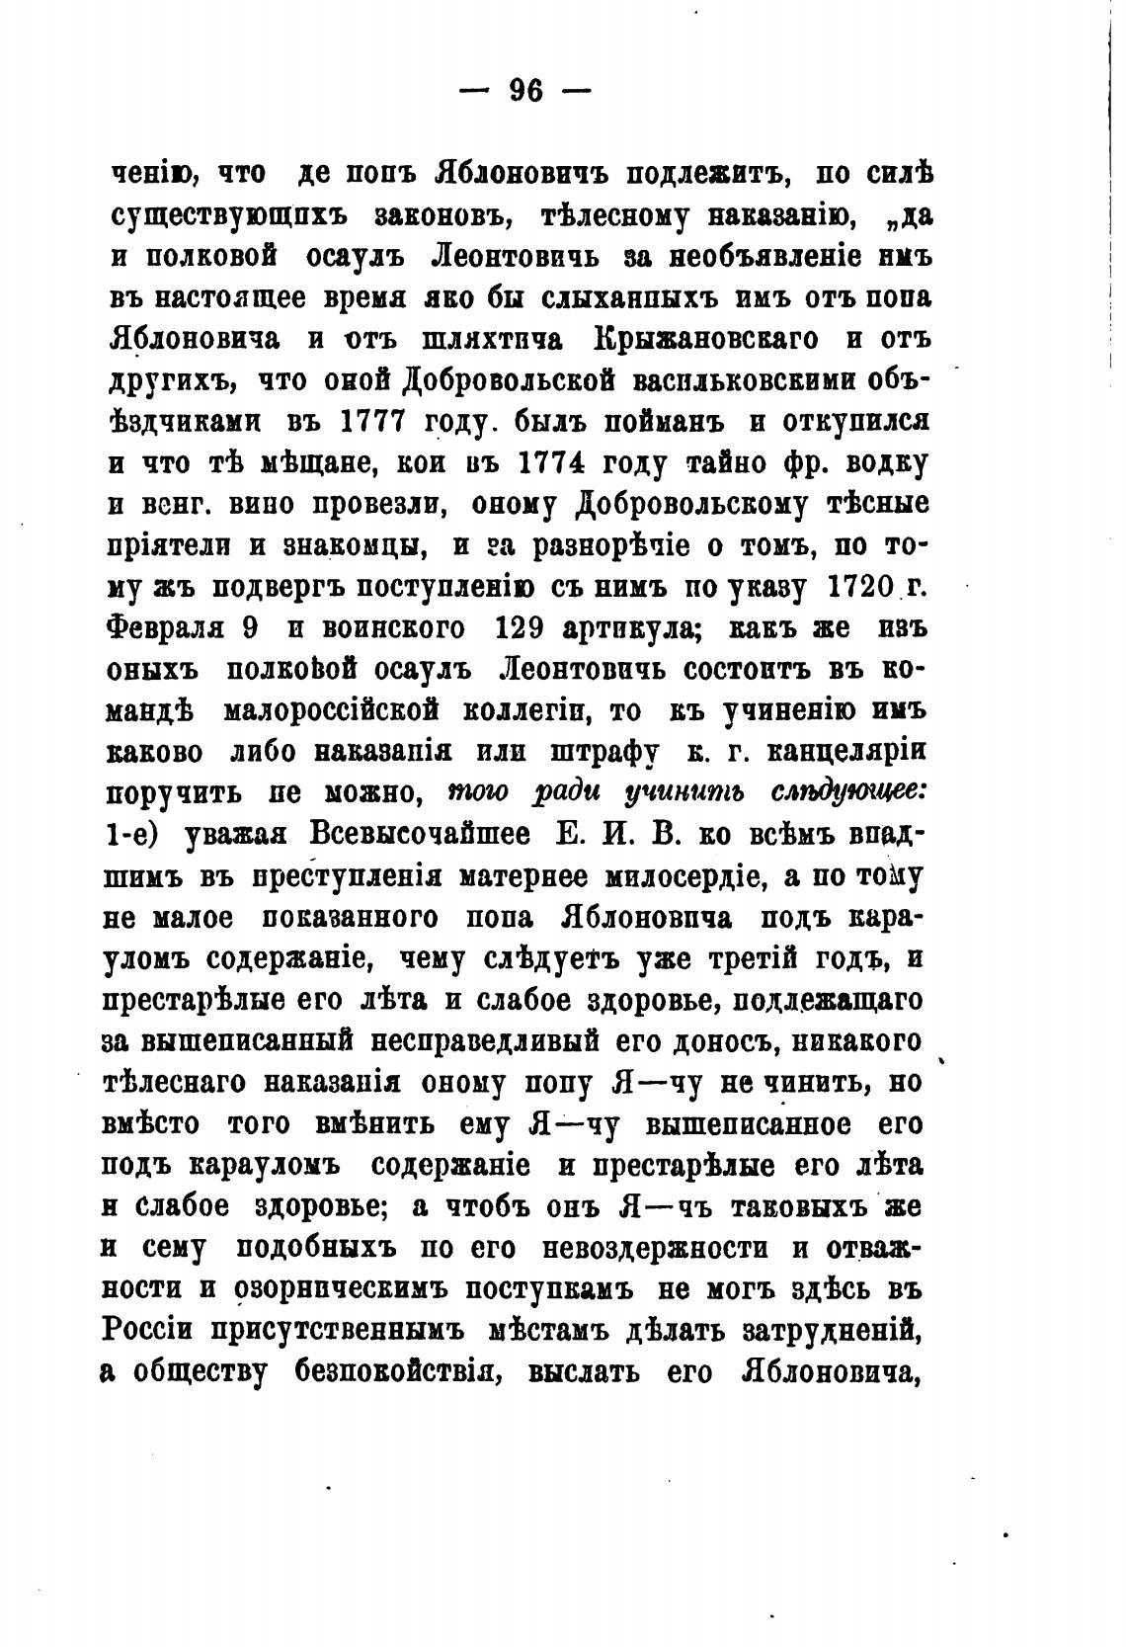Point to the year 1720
click(850, 585)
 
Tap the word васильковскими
click(743, 379)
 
